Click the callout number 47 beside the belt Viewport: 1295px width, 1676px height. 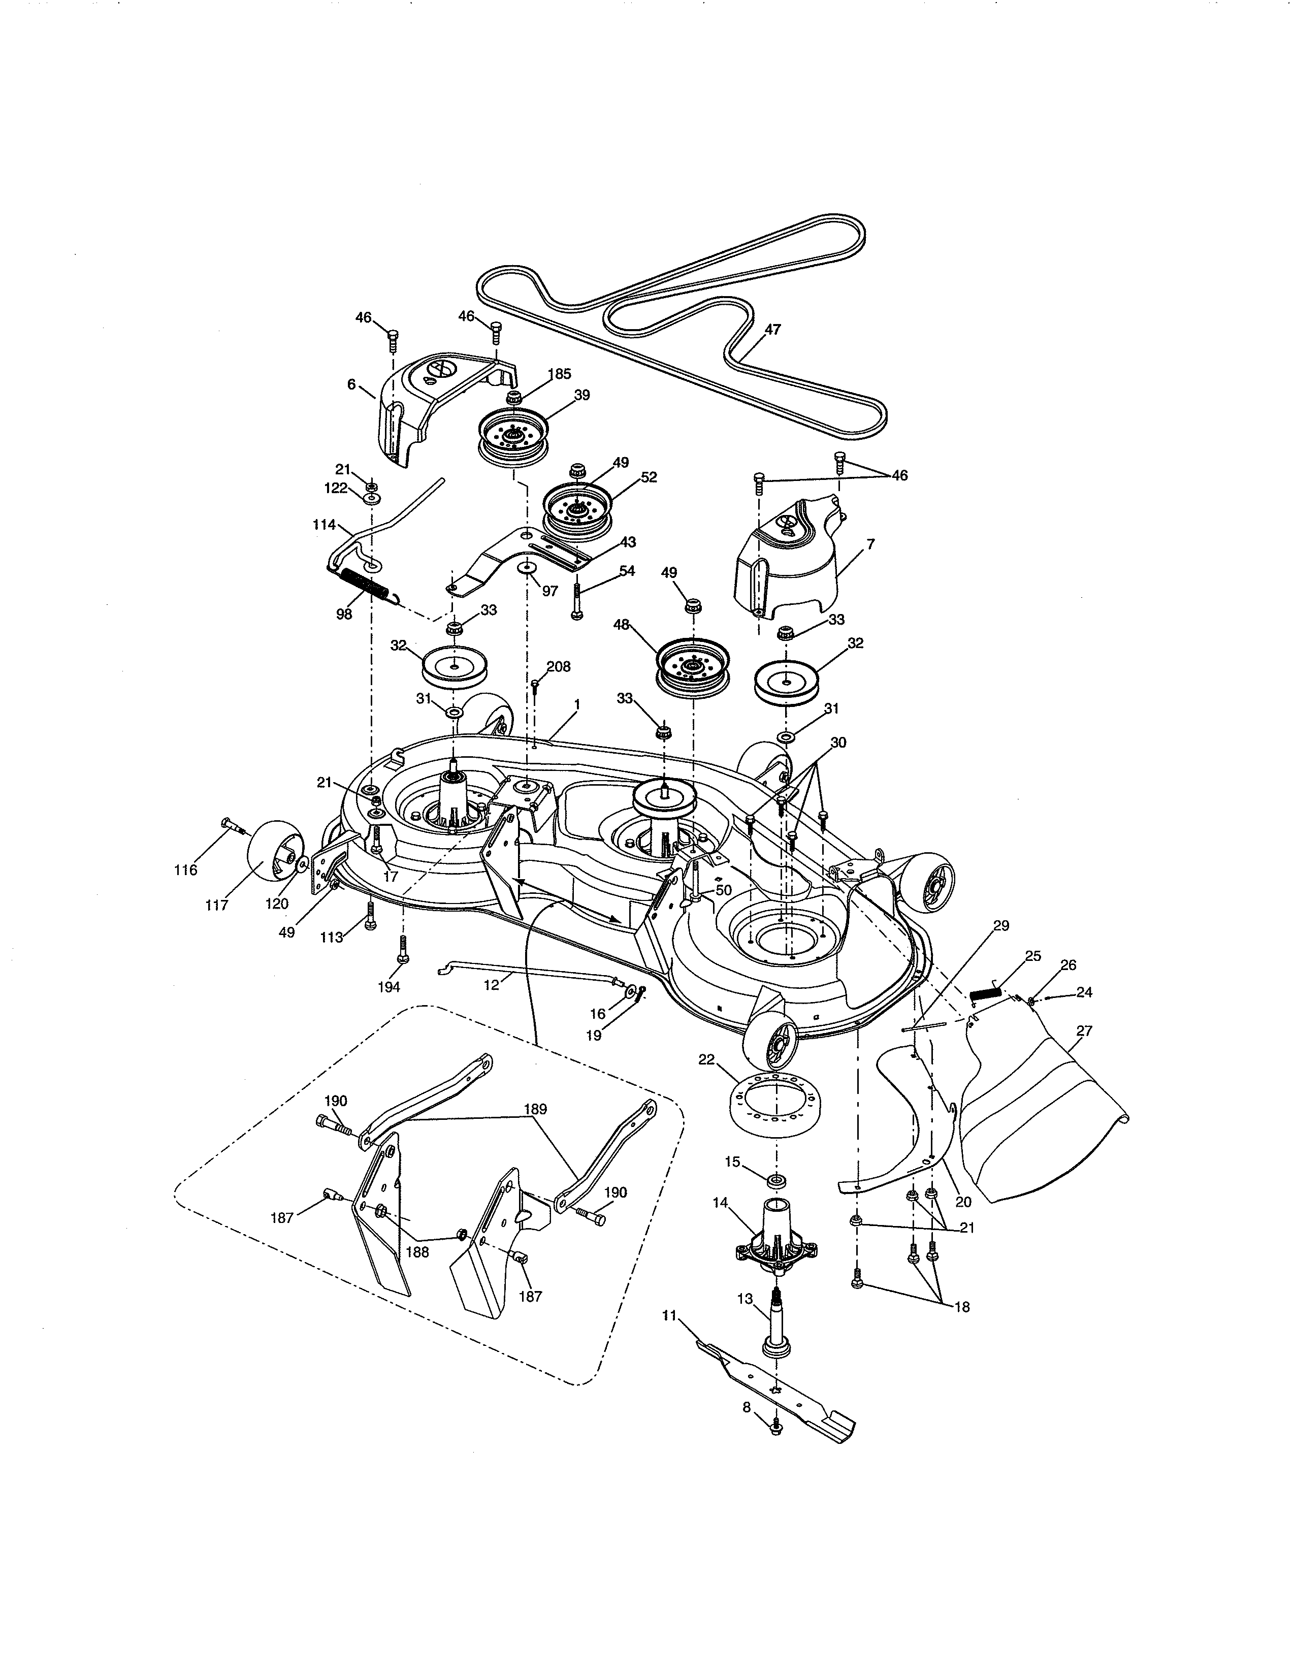coord(772,330)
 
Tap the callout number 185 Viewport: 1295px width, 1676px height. coord(559,374)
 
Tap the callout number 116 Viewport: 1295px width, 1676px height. coord(186,870)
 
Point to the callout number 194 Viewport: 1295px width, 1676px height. coord(389,987)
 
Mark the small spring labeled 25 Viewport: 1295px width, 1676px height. coord(985,994)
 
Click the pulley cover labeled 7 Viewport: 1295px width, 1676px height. coord(790,564)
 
